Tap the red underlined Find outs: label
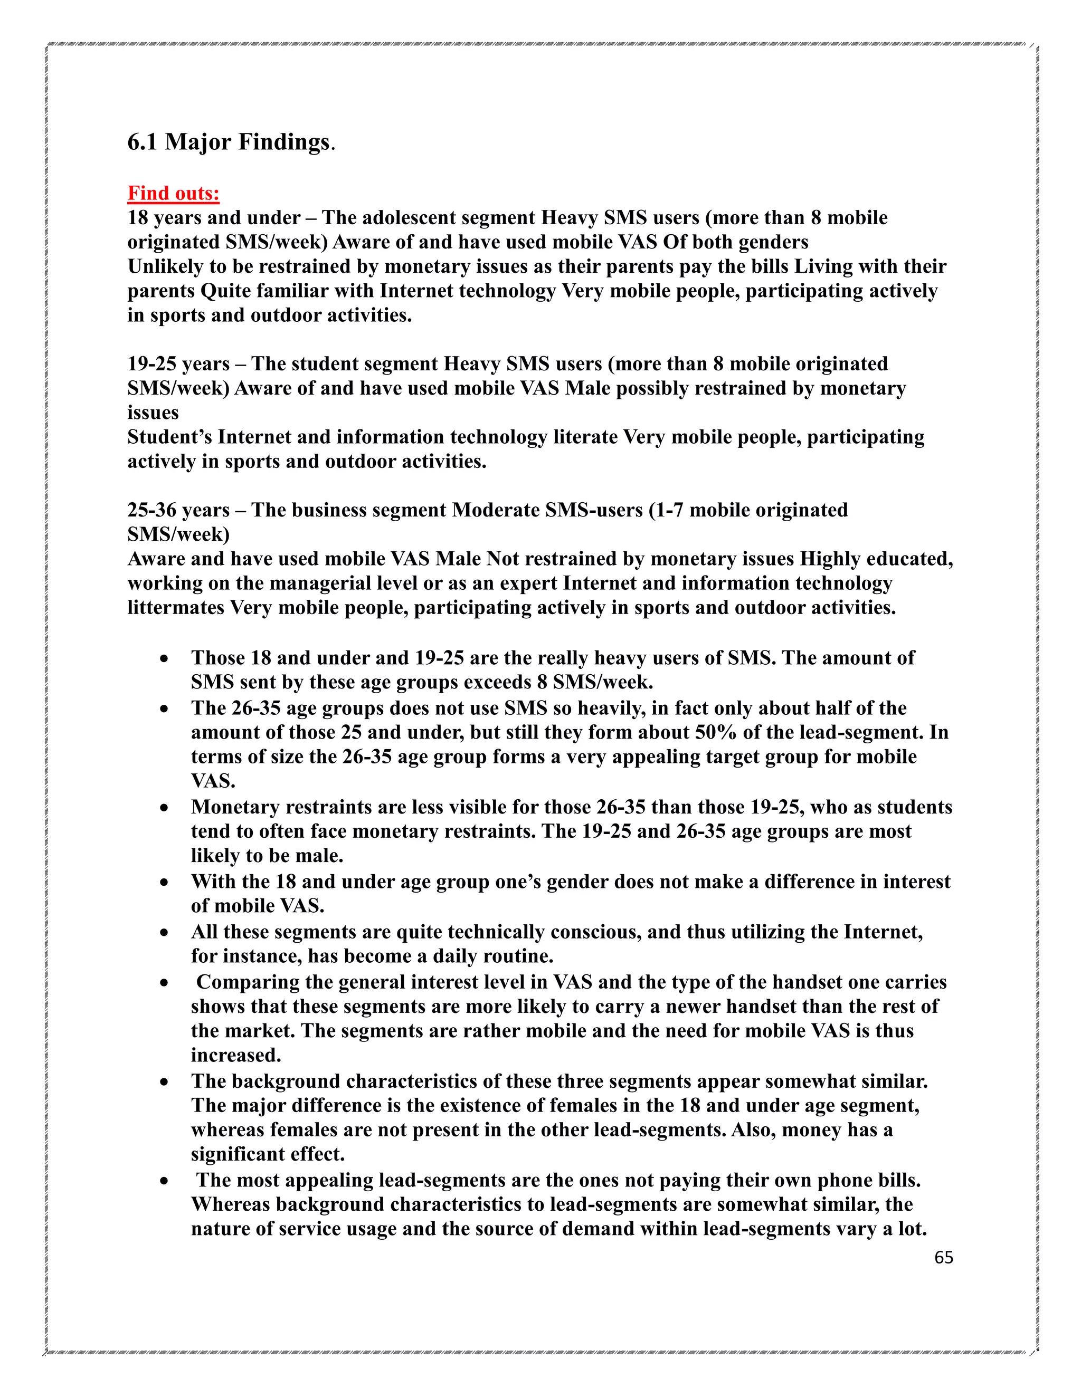point(173,193)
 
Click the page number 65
point(943,1257)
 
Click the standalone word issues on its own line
point(153,413)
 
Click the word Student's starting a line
point(170,437)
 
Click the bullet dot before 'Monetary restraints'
point(165,808)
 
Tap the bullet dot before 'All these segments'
point(165,933)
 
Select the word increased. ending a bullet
point(235,1055)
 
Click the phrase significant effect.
point(268,1154)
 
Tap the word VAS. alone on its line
point(213,781)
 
